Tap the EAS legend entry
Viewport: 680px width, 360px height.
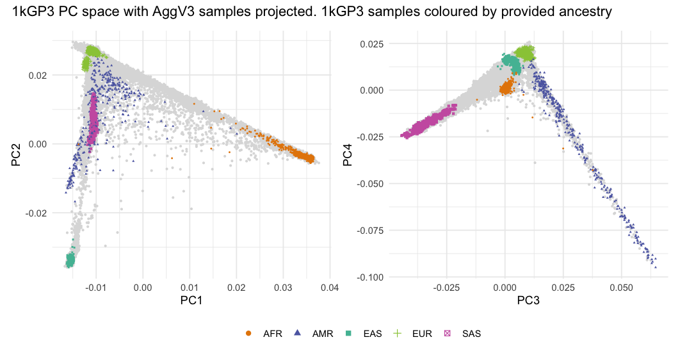coord(367,334)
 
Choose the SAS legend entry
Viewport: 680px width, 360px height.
coord(464,334)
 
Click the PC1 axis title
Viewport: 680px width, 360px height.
coord(190,300)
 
